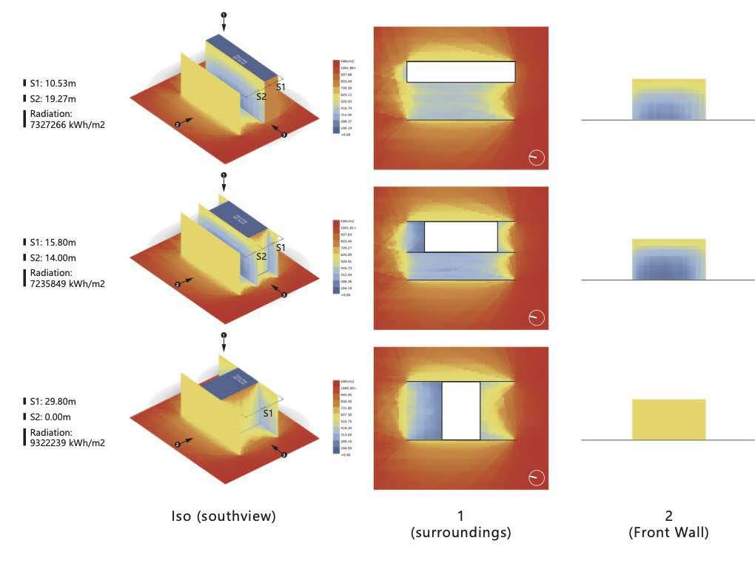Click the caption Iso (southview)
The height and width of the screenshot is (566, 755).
tap(224, 516)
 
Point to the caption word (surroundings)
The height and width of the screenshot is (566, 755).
tap(460, 532)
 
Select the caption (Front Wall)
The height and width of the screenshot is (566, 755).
tap(668, 532)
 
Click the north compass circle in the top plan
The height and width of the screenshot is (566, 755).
tap(537, 158)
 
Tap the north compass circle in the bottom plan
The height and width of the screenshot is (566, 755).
tap(537, 477)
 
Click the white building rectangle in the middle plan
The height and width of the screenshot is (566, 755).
tap(461, 237)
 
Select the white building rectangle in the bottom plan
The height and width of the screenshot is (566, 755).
tap(461, 411)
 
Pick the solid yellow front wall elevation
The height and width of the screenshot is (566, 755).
tap(668, 420)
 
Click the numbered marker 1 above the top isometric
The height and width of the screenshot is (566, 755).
tap(224, 15)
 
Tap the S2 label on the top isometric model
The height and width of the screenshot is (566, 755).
tap(261, 96)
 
